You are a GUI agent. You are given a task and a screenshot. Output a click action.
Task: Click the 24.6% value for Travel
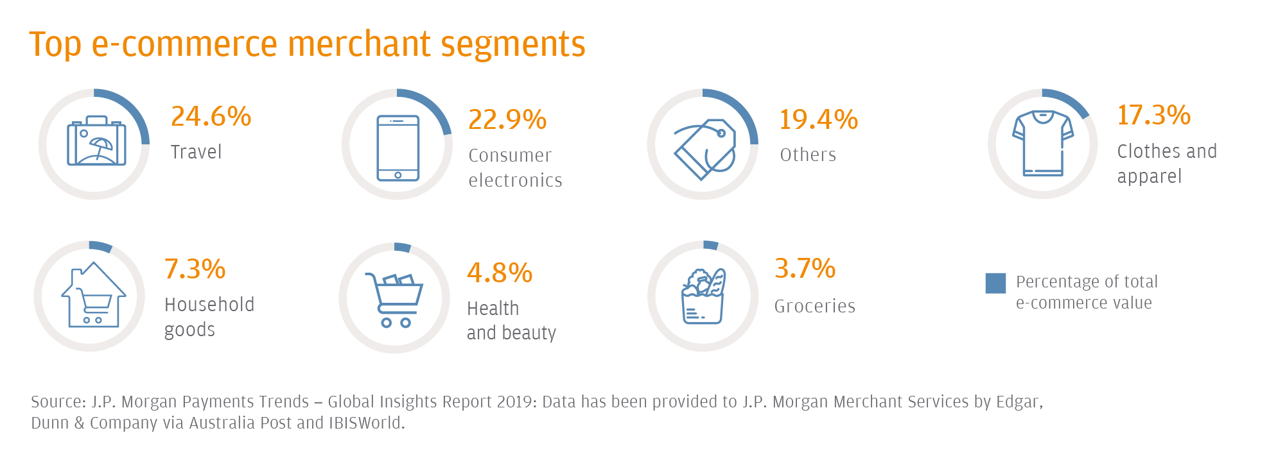coord(211,116)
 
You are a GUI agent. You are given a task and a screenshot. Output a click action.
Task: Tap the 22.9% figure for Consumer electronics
coord(507,119)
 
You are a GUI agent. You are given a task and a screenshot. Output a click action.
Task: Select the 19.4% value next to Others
coord(818,119)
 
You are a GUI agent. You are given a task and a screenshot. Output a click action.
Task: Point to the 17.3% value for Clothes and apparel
coord(1153,115)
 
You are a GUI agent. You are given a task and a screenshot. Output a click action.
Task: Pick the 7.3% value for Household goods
coord(195,269)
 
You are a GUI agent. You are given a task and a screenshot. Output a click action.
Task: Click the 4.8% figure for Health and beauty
coord(500,273)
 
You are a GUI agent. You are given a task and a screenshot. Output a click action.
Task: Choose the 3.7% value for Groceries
coord(805,268)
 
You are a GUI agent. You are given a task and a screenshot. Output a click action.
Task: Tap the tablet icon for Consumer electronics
coord(398,148)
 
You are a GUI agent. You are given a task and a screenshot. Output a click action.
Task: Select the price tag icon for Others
coord(705,149)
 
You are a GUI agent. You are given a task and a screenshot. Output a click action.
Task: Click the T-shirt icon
coord(1043,143)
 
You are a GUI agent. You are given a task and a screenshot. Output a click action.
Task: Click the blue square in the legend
coord(995,283)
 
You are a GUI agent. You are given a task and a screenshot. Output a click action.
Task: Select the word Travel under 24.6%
coord(196,152)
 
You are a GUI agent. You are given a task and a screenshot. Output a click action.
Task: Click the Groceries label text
coord(814,306)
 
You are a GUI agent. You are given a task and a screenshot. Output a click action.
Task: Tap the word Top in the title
coord(55,45)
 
